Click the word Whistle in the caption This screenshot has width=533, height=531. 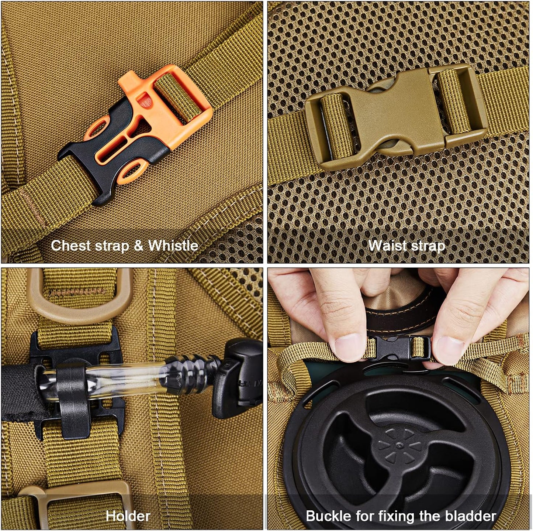(173, 246)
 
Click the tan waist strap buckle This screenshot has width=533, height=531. (395, 116)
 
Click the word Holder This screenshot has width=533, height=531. (128, 516)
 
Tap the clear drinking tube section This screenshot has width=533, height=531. (122, 380)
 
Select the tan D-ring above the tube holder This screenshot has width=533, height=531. (79, 295)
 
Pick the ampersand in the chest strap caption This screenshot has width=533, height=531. (138, 246)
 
